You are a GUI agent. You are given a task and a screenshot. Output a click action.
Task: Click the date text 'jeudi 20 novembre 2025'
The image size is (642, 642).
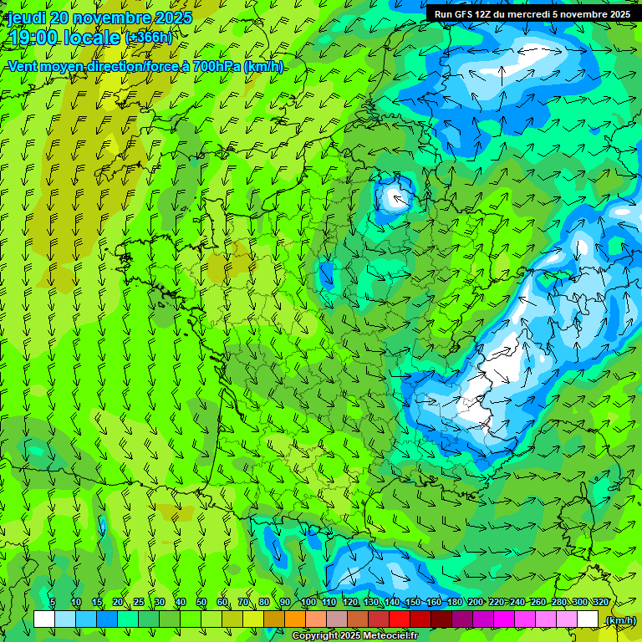click(100, 18)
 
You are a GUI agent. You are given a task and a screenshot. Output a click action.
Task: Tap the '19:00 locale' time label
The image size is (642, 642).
click(64, 38)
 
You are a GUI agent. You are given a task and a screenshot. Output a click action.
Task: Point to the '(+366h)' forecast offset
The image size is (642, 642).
click(150, 38)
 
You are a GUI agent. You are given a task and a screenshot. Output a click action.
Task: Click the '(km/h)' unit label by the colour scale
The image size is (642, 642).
click(620, 620)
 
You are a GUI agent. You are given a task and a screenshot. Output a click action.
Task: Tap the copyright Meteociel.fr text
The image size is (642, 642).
click(354, 636)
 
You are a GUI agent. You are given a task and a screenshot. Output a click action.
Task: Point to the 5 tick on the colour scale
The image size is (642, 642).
click(53, 602)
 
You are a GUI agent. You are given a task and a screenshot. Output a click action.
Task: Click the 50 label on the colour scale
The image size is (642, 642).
click(201, 602)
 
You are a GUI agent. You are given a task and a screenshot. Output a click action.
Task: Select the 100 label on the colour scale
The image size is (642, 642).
click(308, 602)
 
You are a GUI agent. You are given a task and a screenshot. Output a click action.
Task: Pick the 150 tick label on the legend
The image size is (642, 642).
click(413, 602)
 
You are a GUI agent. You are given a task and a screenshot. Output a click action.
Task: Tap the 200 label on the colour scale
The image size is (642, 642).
click(476, 602)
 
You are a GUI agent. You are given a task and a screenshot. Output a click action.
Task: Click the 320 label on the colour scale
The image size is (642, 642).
click(600, 602)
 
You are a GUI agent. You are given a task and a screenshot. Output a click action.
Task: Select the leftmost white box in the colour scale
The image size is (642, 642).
click(44, 619)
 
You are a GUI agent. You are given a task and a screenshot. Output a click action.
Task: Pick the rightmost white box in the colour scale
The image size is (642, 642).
click(588, 619)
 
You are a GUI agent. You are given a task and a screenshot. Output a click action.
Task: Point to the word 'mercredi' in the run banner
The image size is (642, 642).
click(536, 13)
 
